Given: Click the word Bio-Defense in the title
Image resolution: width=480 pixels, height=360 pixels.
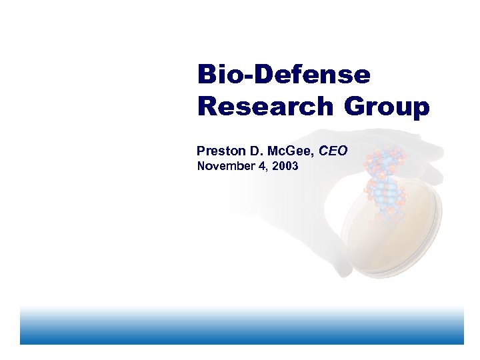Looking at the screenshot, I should (x=283, y=75).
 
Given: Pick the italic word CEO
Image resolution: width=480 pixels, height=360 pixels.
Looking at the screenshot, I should (x=333, y=151).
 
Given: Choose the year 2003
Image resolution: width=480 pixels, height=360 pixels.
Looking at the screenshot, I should (x=285, y=166).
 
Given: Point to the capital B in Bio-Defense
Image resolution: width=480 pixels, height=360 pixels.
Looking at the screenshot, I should (x=206, y=75).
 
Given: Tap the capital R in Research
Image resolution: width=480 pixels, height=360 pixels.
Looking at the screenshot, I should (x=207, y=106).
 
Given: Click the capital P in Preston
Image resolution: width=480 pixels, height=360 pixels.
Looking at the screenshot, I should (x=201, y=151).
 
